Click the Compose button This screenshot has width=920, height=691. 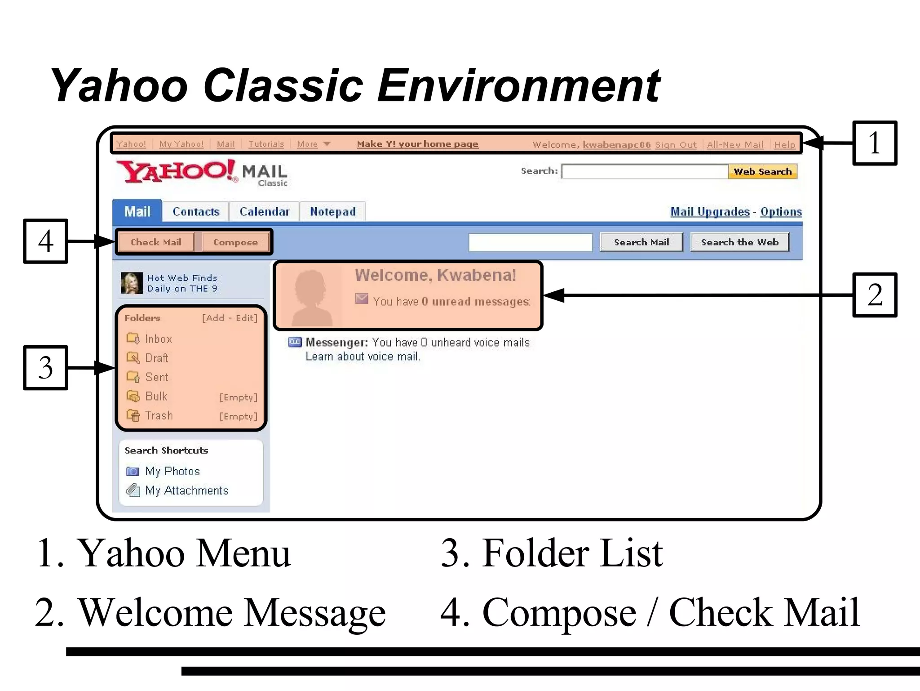pos(235,242)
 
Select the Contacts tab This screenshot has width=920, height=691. pos(196,212)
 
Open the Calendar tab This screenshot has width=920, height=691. pos(265,212)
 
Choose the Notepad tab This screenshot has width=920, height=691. pos(332,212)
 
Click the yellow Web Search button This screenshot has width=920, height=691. pos(762,172)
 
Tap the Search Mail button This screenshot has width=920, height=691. pos(641,242)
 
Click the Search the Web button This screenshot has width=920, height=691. pos(739,242)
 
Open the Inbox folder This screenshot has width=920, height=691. pos(158,339)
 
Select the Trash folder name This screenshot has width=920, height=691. pos(159,416)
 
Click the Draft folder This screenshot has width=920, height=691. pos(156,358)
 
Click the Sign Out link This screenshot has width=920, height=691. pos(676,145)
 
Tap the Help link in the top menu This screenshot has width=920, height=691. pos(784,145)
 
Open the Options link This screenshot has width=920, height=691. pos(781,212)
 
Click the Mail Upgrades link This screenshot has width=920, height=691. pos(710,212)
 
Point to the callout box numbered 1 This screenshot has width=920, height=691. pos(874,143)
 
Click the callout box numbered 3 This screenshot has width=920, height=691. pos(45,368)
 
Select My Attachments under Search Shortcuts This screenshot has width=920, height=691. pos(187,490)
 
